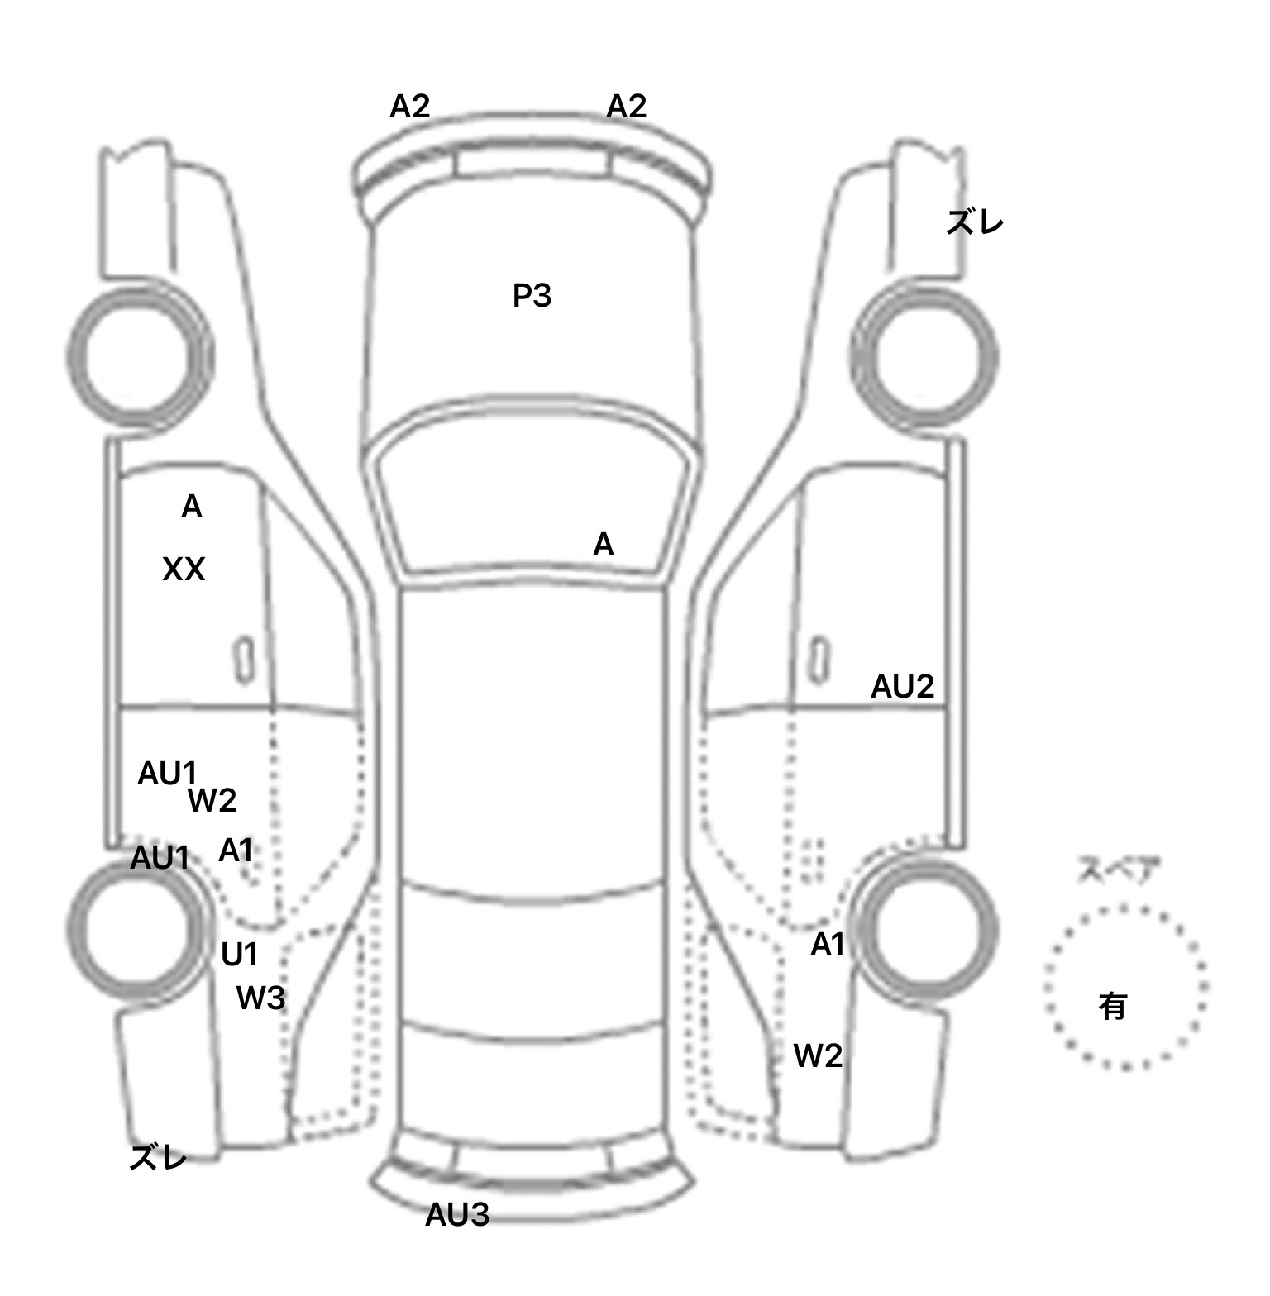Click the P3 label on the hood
532,295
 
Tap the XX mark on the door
184,569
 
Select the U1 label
240,955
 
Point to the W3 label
260,998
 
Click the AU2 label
902,686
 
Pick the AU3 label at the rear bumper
457,1214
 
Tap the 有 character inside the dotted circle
1113,1006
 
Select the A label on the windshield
604,545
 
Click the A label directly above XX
191,507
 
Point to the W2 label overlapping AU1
212,800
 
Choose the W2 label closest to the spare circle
818,1055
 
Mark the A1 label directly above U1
236,850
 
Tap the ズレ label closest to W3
158,1158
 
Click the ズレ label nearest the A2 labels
975,222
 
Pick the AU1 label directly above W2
167,774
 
